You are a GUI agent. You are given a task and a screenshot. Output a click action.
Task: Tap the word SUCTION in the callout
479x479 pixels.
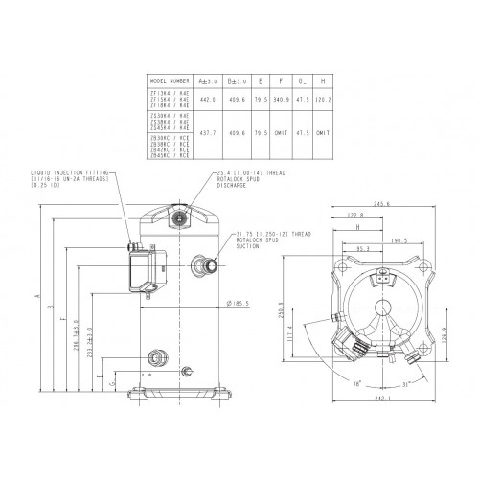pos(248,245)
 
